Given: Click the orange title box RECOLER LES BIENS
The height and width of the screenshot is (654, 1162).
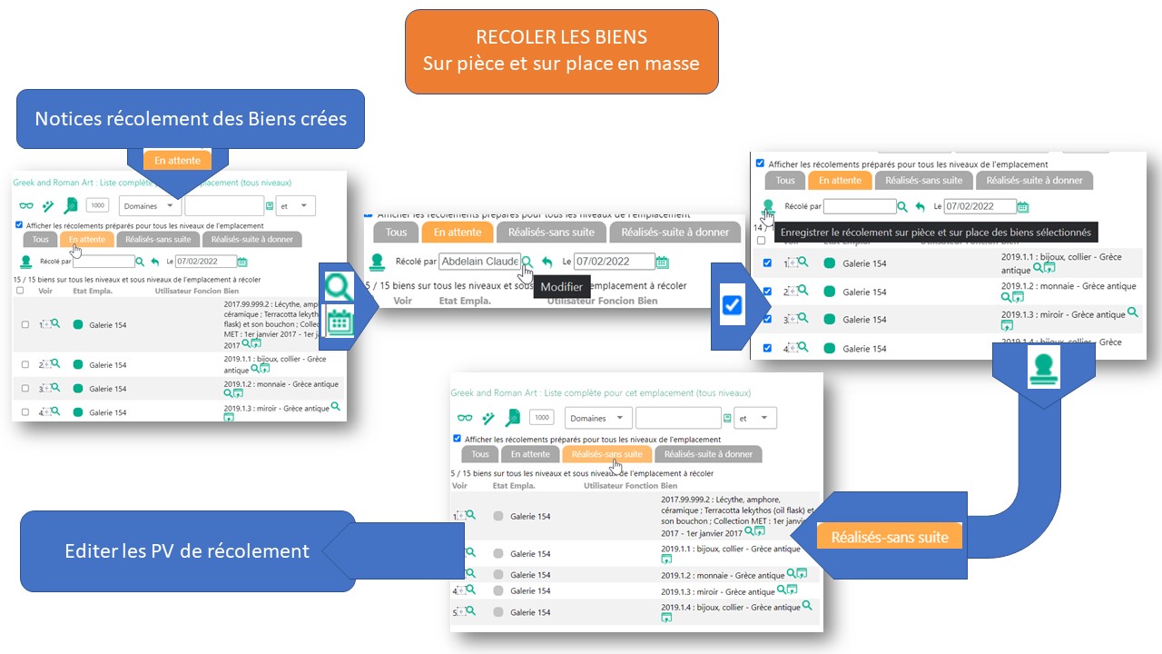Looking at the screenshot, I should [x=561, y=51].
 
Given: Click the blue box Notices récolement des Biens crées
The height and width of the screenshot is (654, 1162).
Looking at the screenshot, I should [x=191, y=119].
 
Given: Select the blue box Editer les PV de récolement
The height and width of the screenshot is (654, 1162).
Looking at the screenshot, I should [x=187, y=551].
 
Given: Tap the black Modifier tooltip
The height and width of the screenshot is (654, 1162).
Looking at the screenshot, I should [x=561, y=287].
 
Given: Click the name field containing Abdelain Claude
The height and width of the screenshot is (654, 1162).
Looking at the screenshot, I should [x=479, y=262].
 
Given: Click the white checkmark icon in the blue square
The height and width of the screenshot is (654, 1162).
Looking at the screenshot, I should [x=733, y=306].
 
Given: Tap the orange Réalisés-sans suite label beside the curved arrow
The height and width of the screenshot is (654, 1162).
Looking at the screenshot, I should [x=890, y=537].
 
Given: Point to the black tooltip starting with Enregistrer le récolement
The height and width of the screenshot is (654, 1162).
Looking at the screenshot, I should [x=935, y=233].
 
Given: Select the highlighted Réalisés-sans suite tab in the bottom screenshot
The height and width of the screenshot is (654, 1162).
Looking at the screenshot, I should [x=607, y=454].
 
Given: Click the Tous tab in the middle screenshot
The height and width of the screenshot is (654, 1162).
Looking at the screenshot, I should [x=397, y=232].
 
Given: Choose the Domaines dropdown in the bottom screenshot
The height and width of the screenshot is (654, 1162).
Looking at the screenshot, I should [x=598, y=418].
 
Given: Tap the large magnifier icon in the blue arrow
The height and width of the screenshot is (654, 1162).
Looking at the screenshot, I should [x=340, y=287].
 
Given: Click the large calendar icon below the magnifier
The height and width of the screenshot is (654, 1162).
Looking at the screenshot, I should [x=340, y=323].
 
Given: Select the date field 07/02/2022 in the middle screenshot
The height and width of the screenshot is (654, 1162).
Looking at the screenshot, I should [x=614, y=262].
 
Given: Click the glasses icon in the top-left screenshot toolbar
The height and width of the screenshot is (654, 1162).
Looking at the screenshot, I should [x=25, y=206].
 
